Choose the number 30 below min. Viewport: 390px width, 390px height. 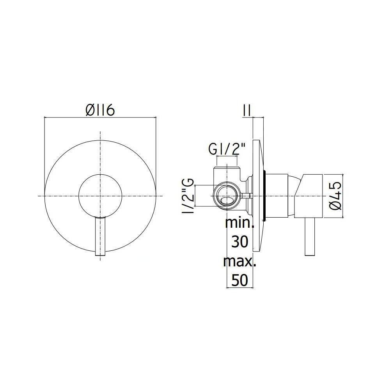tap(240, 241)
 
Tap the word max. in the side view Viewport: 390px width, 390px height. tap(239, 261)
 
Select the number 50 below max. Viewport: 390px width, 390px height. tap(240, 280)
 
